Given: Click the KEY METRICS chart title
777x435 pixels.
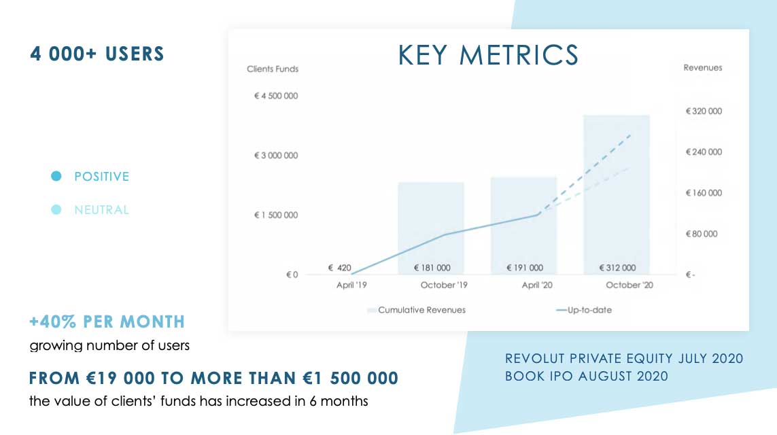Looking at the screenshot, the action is (x=488, y=55).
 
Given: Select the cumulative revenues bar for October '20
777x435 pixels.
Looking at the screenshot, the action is (x=617, y=194).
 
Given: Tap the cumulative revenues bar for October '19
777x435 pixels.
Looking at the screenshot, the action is (x=431, y=228).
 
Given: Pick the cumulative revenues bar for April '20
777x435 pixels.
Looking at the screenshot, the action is (x=524, y=226).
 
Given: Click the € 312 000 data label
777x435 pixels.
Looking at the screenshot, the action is (x=617, y=268).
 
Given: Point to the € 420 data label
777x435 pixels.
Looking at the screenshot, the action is (x=339, y=268).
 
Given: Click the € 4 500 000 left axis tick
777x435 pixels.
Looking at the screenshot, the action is (x=276, y=96).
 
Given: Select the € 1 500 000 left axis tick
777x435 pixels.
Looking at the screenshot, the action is (x=276, y=215).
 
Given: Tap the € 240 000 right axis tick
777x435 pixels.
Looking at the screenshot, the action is (x=704, y=152).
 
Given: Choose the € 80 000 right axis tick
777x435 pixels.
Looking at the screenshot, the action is (x=701, y=234).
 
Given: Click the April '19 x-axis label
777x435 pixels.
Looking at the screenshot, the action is (x=351, y=285).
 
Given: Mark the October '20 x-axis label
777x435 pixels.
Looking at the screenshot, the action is (x=629, y=285).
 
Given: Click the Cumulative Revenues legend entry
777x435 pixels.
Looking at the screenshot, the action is (x=416, y=310).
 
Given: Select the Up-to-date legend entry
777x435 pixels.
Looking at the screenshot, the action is (x=584, y=310).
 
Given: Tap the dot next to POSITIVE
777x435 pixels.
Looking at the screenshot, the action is (x=56, y=176).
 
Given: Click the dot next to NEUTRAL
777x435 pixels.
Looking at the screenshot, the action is (x=56, y=209).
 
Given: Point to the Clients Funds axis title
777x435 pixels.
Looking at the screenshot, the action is (x=273, y=69).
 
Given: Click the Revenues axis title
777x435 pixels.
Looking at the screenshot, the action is (x=703, y=68).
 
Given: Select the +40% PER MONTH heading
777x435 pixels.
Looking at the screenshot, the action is (x=107, y=321).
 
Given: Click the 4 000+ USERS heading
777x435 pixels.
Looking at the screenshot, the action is (x=97, y=54).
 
